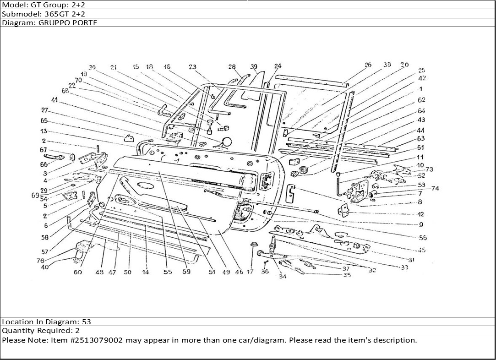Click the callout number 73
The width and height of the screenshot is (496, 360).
[429, 169]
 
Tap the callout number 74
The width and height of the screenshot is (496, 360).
[435, 188]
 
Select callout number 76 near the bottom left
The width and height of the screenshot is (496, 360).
[40, 261]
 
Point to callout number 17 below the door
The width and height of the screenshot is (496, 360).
[250, 272]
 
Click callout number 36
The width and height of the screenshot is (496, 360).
[265, 272]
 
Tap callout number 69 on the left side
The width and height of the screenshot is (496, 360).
[35, 195]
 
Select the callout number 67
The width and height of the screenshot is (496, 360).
[44, 150]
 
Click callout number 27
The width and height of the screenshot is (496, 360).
[44, 110]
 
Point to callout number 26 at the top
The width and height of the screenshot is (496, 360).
[368, 65]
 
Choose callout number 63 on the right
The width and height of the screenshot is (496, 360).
[421, 138]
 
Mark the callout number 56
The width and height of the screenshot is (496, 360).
[422, 238]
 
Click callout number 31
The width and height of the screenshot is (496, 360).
[411, 259]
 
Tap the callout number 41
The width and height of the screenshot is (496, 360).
[55, 100]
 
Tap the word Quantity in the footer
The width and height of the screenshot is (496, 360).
[16, 331]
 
